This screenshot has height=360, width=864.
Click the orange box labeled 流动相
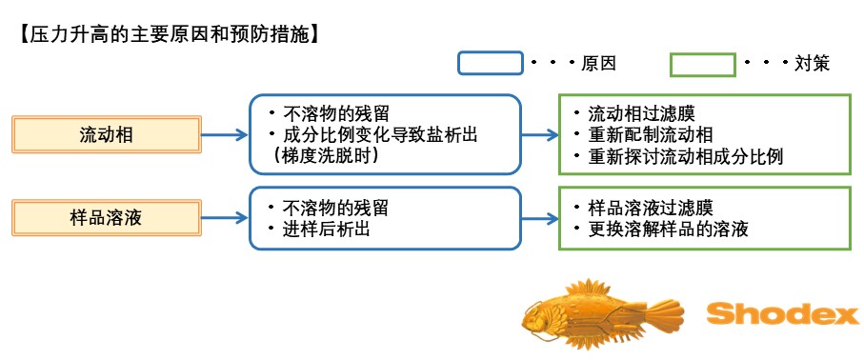tap(107, 134)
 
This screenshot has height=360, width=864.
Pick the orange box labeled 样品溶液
tap(107, 218)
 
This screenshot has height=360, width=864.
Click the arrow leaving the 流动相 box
tap(224, 134)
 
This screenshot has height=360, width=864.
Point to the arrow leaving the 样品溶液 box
tap(224, 218)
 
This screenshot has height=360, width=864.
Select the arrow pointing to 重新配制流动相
tap(540, 134)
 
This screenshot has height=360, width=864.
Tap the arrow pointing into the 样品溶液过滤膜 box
tap(540, 219)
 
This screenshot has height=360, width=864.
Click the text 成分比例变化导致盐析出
tap(374, 135)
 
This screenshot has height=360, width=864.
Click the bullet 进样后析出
tap(319, 230)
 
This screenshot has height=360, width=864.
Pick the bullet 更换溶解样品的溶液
tap(661, 229)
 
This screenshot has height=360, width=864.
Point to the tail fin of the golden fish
tap(664, 314)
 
